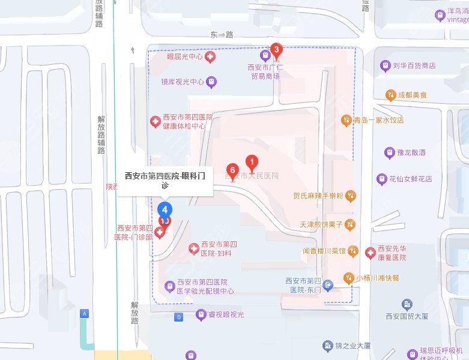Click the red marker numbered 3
[x=276, y=50]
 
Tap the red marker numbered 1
[x=253, y=161]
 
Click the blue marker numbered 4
[x=165, y=209]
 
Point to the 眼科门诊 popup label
[x=165, y=180]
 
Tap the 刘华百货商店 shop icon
[x=385, y=65]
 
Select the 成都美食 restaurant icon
[x=391, y=95]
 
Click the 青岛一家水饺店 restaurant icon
[x=346, y=120]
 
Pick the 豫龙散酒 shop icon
[x=389, y=152]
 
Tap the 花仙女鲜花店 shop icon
[x=381, y=179]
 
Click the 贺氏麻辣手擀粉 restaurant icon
[x=351, y=196]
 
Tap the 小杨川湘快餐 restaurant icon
[x=348, y=277]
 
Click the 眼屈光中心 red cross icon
[x=210, y=57]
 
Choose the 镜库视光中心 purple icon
[x=211, y=82]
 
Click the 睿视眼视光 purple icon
[x=201, y=314]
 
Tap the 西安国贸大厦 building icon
[x=408, y=304]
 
